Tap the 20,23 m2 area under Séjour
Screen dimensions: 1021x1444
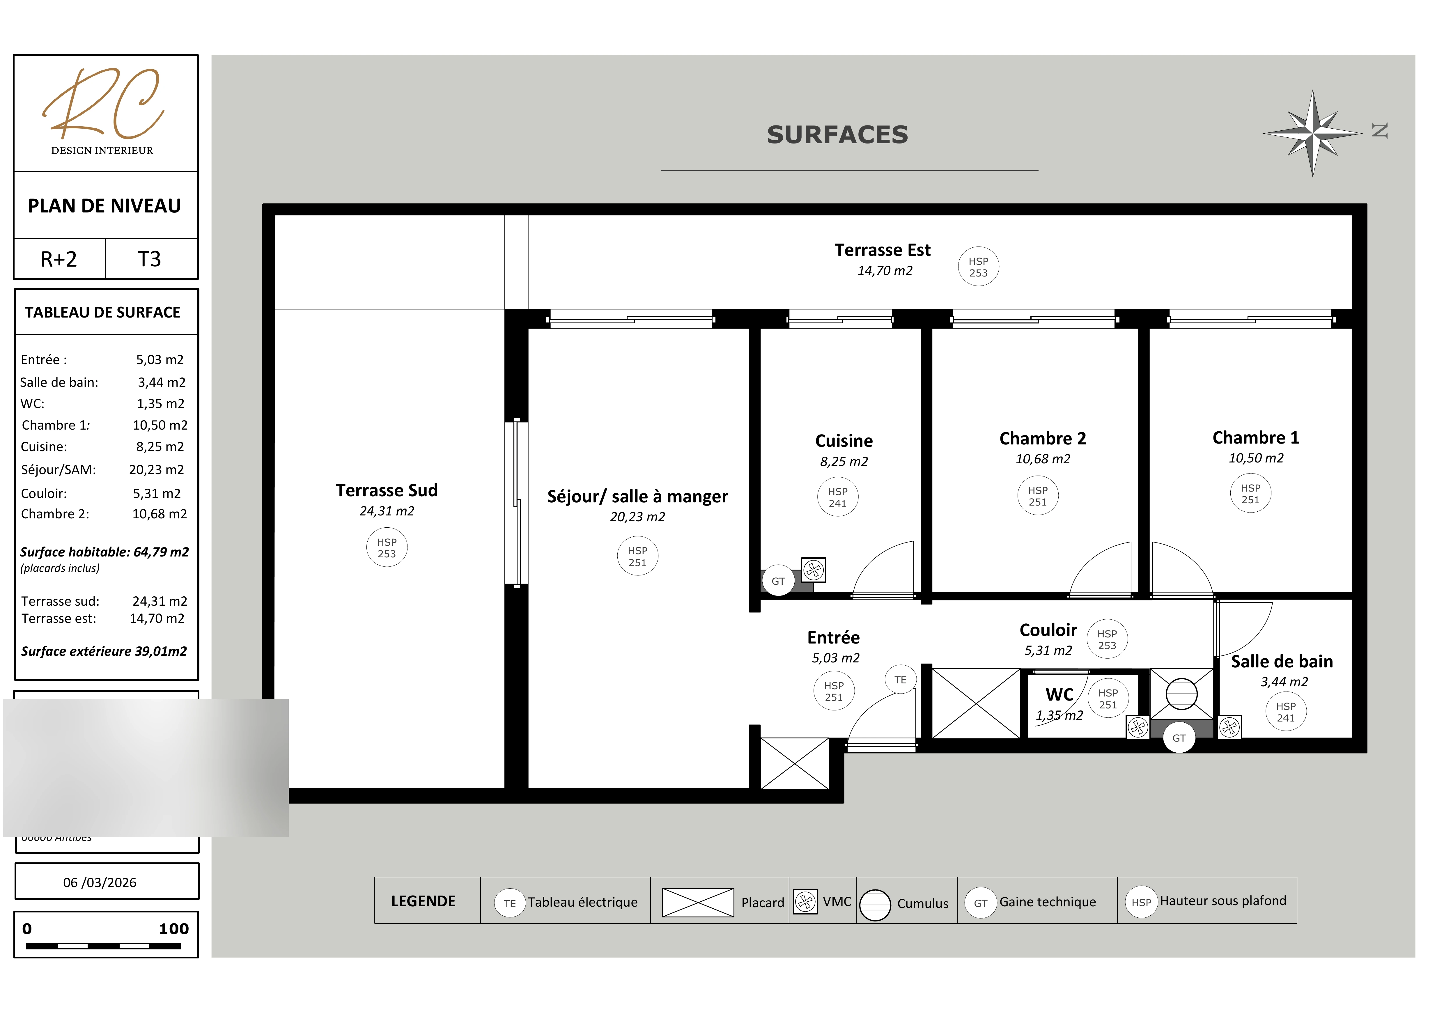pyautogui.click(x=637, y=517)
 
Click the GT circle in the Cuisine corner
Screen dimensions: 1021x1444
pyautogui.click(x=778, y=581)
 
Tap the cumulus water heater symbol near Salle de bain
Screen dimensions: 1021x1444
pyautogui.click(x=1181, y=694)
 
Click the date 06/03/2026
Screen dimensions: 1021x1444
pyautogui.click(x=100, y=882)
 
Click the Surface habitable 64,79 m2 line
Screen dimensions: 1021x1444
pyautogui.click(x=104, y=552)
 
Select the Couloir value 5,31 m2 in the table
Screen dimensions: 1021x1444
pyautogui.click(x=157, y=494)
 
